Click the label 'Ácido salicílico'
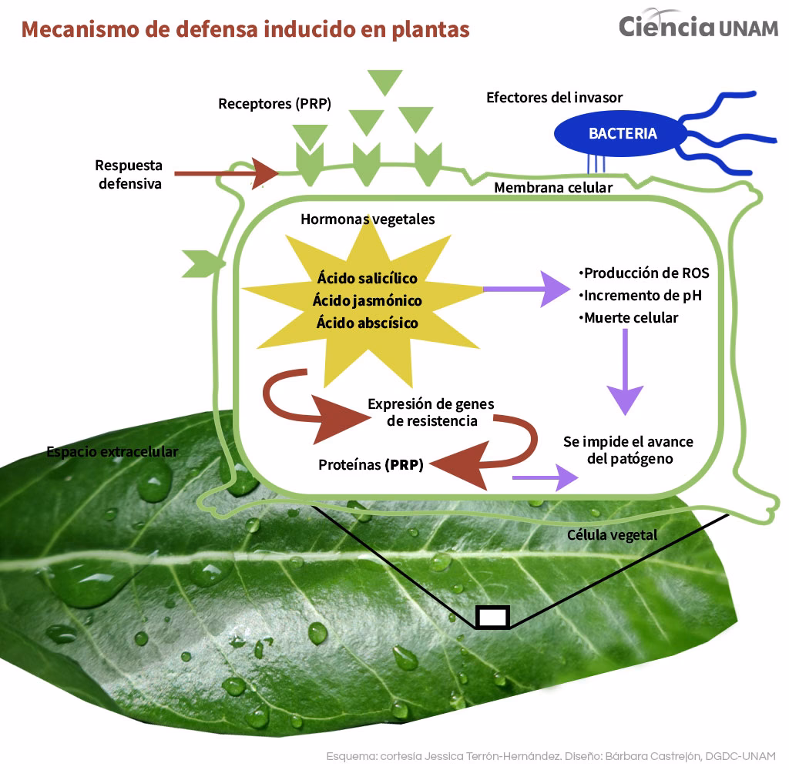coord(367,278)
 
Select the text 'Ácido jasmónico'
coord(366,300)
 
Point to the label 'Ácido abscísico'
coord(367,323)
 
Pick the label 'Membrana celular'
coord(552,187)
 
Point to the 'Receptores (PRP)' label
coord(274,103)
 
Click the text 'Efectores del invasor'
coord(554,98)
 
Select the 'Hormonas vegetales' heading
coord(368,219)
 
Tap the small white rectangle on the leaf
coord(492,617)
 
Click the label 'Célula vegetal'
coord(612,534)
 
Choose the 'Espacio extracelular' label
coord(112,451)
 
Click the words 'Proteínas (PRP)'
coord(371,465)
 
